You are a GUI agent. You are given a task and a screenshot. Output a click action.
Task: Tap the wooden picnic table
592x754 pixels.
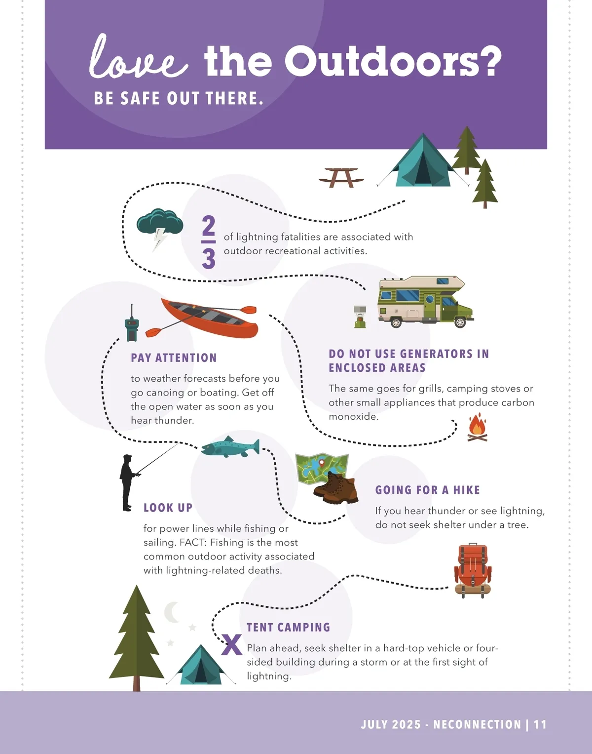tap(341, 177)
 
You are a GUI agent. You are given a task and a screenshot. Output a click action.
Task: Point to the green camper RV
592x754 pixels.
tap(426, 302)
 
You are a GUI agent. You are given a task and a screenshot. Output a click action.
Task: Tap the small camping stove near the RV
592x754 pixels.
tap(360, 317)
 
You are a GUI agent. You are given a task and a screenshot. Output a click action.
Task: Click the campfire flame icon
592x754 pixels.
tap(477, 427)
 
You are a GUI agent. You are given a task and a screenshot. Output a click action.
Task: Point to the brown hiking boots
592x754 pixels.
tap(336, 488)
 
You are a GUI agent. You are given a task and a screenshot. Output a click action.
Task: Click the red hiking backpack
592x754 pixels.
tap(473, 570)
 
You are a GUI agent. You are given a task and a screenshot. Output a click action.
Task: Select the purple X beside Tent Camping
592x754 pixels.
tap(232, 645)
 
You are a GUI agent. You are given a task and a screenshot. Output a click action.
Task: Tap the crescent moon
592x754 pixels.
tap(172, 612)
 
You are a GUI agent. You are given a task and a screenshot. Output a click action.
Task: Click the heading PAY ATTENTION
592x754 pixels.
tap(174, 357)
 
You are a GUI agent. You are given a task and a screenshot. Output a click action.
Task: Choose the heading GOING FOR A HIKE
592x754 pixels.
tap(428, 490)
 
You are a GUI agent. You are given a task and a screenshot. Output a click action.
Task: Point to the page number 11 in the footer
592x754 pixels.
tap(540, 724)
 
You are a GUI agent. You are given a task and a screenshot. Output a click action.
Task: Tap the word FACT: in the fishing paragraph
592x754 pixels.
tap(193, 542)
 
